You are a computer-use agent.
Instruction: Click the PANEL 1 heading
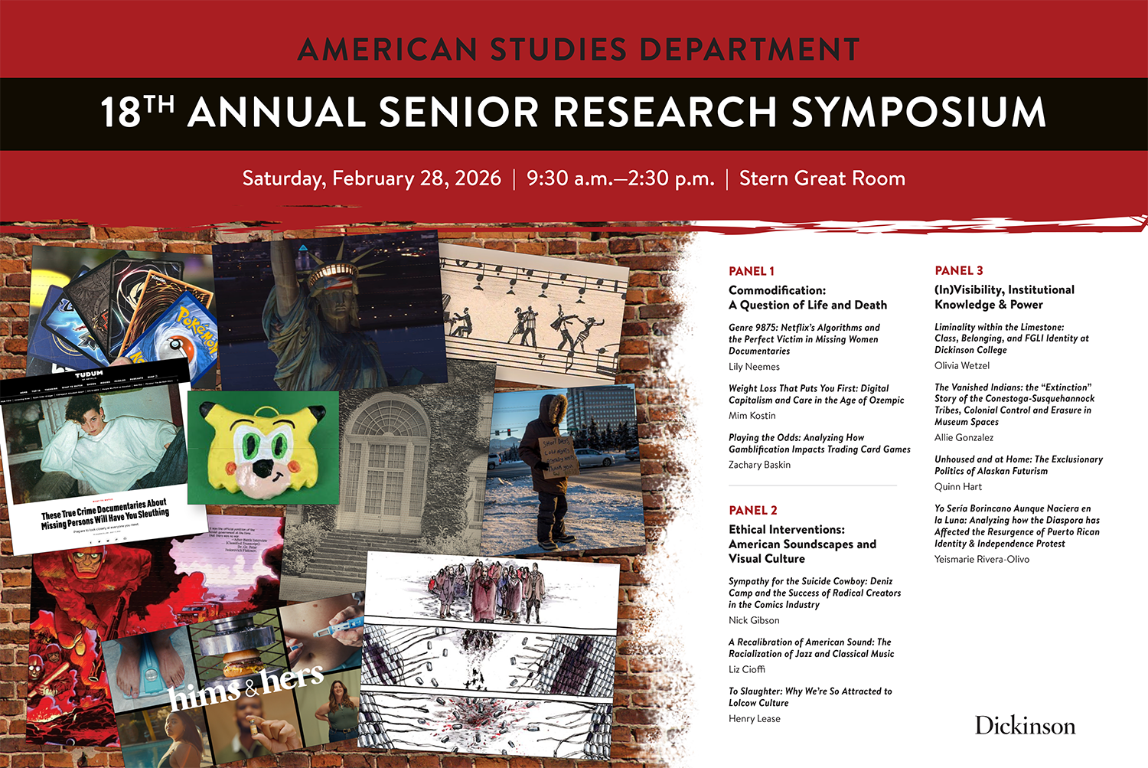[x=751, y=271]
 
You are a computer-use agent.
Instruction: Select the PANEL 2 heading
[x=752, y=511]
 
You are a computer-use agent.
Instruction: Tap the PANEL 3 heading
[x=958, y=270]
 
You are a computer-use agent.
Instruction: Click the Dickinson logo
[x=1025, y=726]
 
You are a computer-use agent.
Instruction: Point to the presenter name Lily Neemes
[x=754, y=367]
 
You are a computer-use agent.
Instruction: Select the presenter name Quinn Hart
[x=957, y=487]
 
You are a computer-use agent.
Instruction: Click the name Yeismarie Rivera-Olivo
[x=981, y=560]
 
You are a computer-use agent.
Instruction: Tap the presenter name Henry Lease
[x=754, y=719]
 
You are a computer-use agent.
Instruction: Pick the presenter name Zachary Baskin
[x=759, y=465]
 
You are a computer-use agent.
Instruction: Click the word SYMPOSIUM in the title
[x=918, y=113]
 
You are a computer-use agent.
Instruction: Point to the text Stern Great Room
[x=822, y=178]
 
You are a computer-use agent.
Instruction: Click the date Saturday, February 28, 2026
[x=371, y=178]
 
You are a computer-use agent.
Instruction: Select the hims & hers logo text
[x=246, y=686]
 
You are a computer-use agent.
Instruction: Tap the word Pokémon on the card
[x=197, y=325]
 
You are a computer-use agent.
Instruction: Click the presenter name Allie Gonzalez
[x=964, y=438]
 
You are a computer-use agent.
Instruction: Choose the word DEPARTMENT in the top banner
[x=749, y=50]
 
